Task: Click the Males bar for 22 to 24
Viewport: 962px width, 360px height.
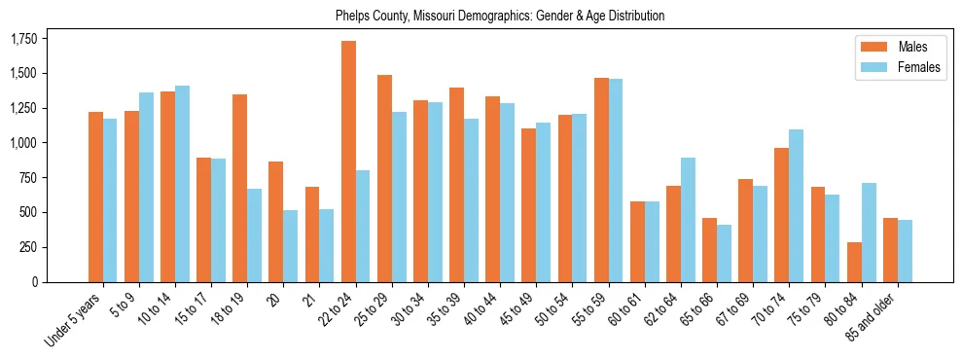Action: (348, 162)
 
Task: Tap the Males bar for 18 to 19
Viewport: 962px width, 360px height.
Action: (239, 188)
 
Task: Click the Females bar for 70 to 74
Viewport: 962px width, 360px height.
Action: (797, 205)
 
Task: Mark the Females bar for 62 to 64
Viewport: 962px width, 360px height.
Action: (689, 220)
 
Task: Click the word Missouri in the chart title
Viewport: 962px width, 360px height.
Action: (437, 16)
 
